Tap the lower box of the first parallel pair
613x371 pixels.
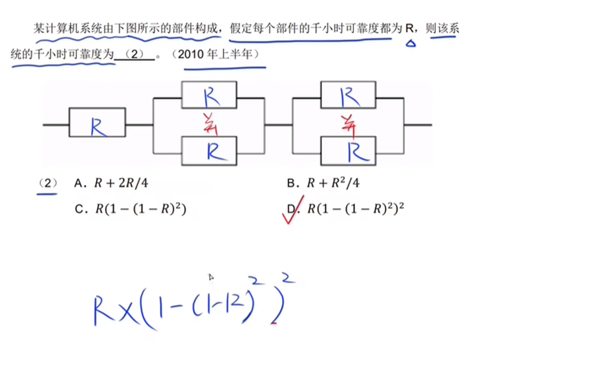coord(209,150)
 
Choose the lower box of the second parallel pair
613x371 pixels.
coord(348,150)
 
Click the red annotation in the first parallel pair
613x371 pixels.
coord(210,124)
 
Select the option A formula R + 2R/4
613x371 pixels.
coord(121,184)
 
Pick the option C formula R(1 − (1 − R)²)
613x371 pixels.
coord(140,209)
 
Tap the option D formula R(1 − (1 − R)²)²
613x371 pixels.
coord(357,209)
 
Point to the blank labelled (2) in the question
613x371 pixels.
coord(135,55)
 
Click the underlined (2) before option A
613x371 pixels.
coord(48,184)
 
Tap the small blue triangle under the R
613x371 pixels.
coord(410,43)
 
